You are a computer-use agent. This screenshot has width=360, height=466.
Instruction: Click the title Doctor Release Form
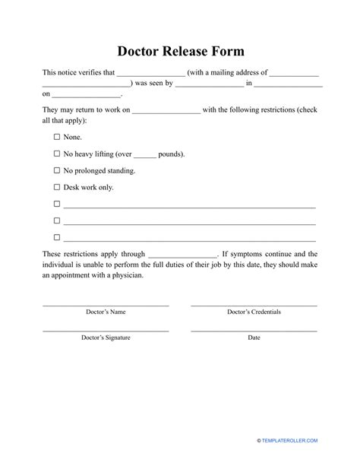[180, 51]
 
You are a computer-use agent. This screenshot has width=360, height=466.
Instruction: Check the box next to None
[57, 137]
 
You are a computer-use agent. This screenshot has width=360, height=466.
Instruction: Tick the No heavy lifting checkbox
[57, 154]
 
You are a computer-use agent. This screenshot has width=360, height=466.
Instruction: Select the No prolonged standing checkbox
[57, 170]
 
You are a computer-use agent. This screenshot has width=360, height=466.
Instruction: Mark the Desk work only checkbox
[57, 187]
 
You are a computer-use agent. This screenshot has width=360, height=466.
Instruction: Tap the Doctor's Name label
[106, 312]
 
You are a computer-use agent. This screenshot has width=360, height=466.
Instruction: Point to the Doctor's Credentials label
[254, 312]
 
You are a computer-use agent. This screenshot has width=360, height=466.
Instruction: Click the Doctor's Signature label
[106, 338]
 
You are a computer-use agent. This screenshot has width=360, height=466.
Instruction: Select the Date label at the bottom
[254, 338]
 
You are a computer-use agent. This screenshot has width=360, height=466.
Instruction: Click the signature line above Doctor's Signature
[106, 331]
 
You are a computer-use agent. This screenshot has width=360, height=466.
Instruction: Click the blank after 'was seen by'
[209, 85]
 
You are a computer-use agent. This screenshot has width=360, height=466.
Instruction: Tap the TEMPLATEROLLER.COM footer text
[301, 440]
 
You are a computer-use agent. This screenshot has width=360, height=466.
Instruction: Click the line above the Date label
[254, 331]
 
